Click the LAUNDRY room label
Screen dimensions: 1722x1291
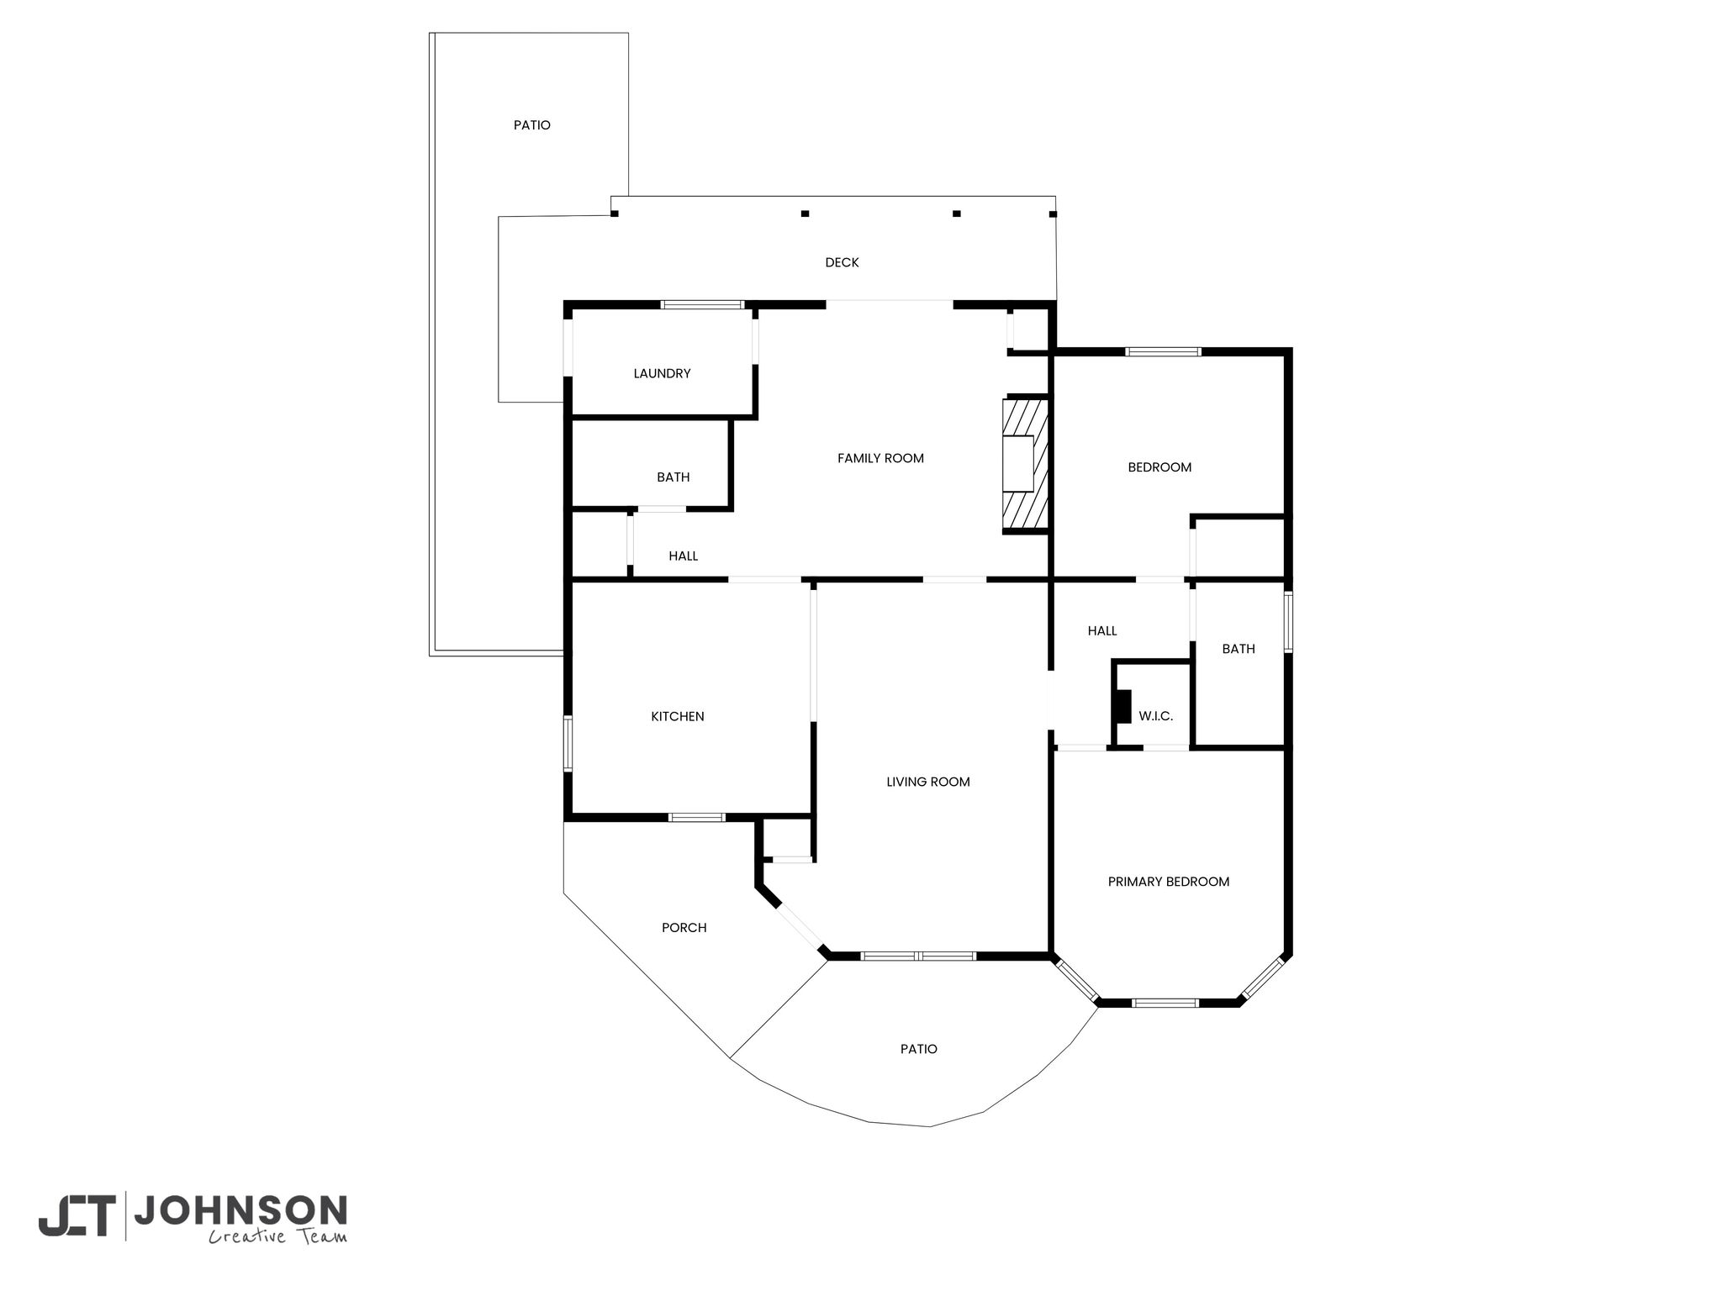[x=662, y=373]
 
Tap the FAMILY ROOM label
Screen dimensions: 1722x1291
[x=880, y=458]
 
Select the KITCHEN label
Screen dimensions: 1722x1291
[x=678, y=716]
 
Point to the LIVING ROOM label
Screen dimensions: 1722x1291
[x=928, y=782]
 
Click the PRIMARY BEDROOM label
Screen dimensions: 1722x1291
[x=1169, y=882]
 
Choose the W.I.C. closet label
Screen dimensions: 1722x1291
[x=1156, y=716]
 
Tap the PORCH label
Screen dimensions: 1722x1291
[x=684, y=928]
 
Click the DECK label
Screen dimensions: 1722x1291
[x=842, y=262]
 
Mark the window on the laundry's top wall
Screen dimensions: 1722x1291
[x=702, y=304]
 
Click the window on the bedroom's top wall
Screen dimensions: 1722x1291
[x=1164, y=351]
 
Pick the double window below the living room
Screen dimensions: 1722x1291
[x=918, y=956]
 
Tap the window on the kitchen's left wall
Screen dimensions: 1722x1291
[x=568, y=743]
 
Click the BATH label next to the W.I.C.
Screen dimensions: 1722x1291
[x=1239, y=649]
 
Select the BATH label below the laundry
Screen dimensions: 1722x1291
[x=673, y=477]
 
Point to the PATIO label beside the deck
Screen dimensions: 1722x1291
[x=532, y=125]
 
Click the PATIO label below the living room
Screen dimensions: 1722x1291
[x=919, y=1049]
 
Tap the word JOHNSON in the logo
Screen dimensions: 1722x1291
[x=240, y=1210]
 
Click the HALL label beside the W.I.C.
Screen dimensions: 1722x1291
[x=1102, y=630]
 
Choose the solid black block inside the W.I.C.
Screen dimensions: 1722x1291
[x=1122, y=706]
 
